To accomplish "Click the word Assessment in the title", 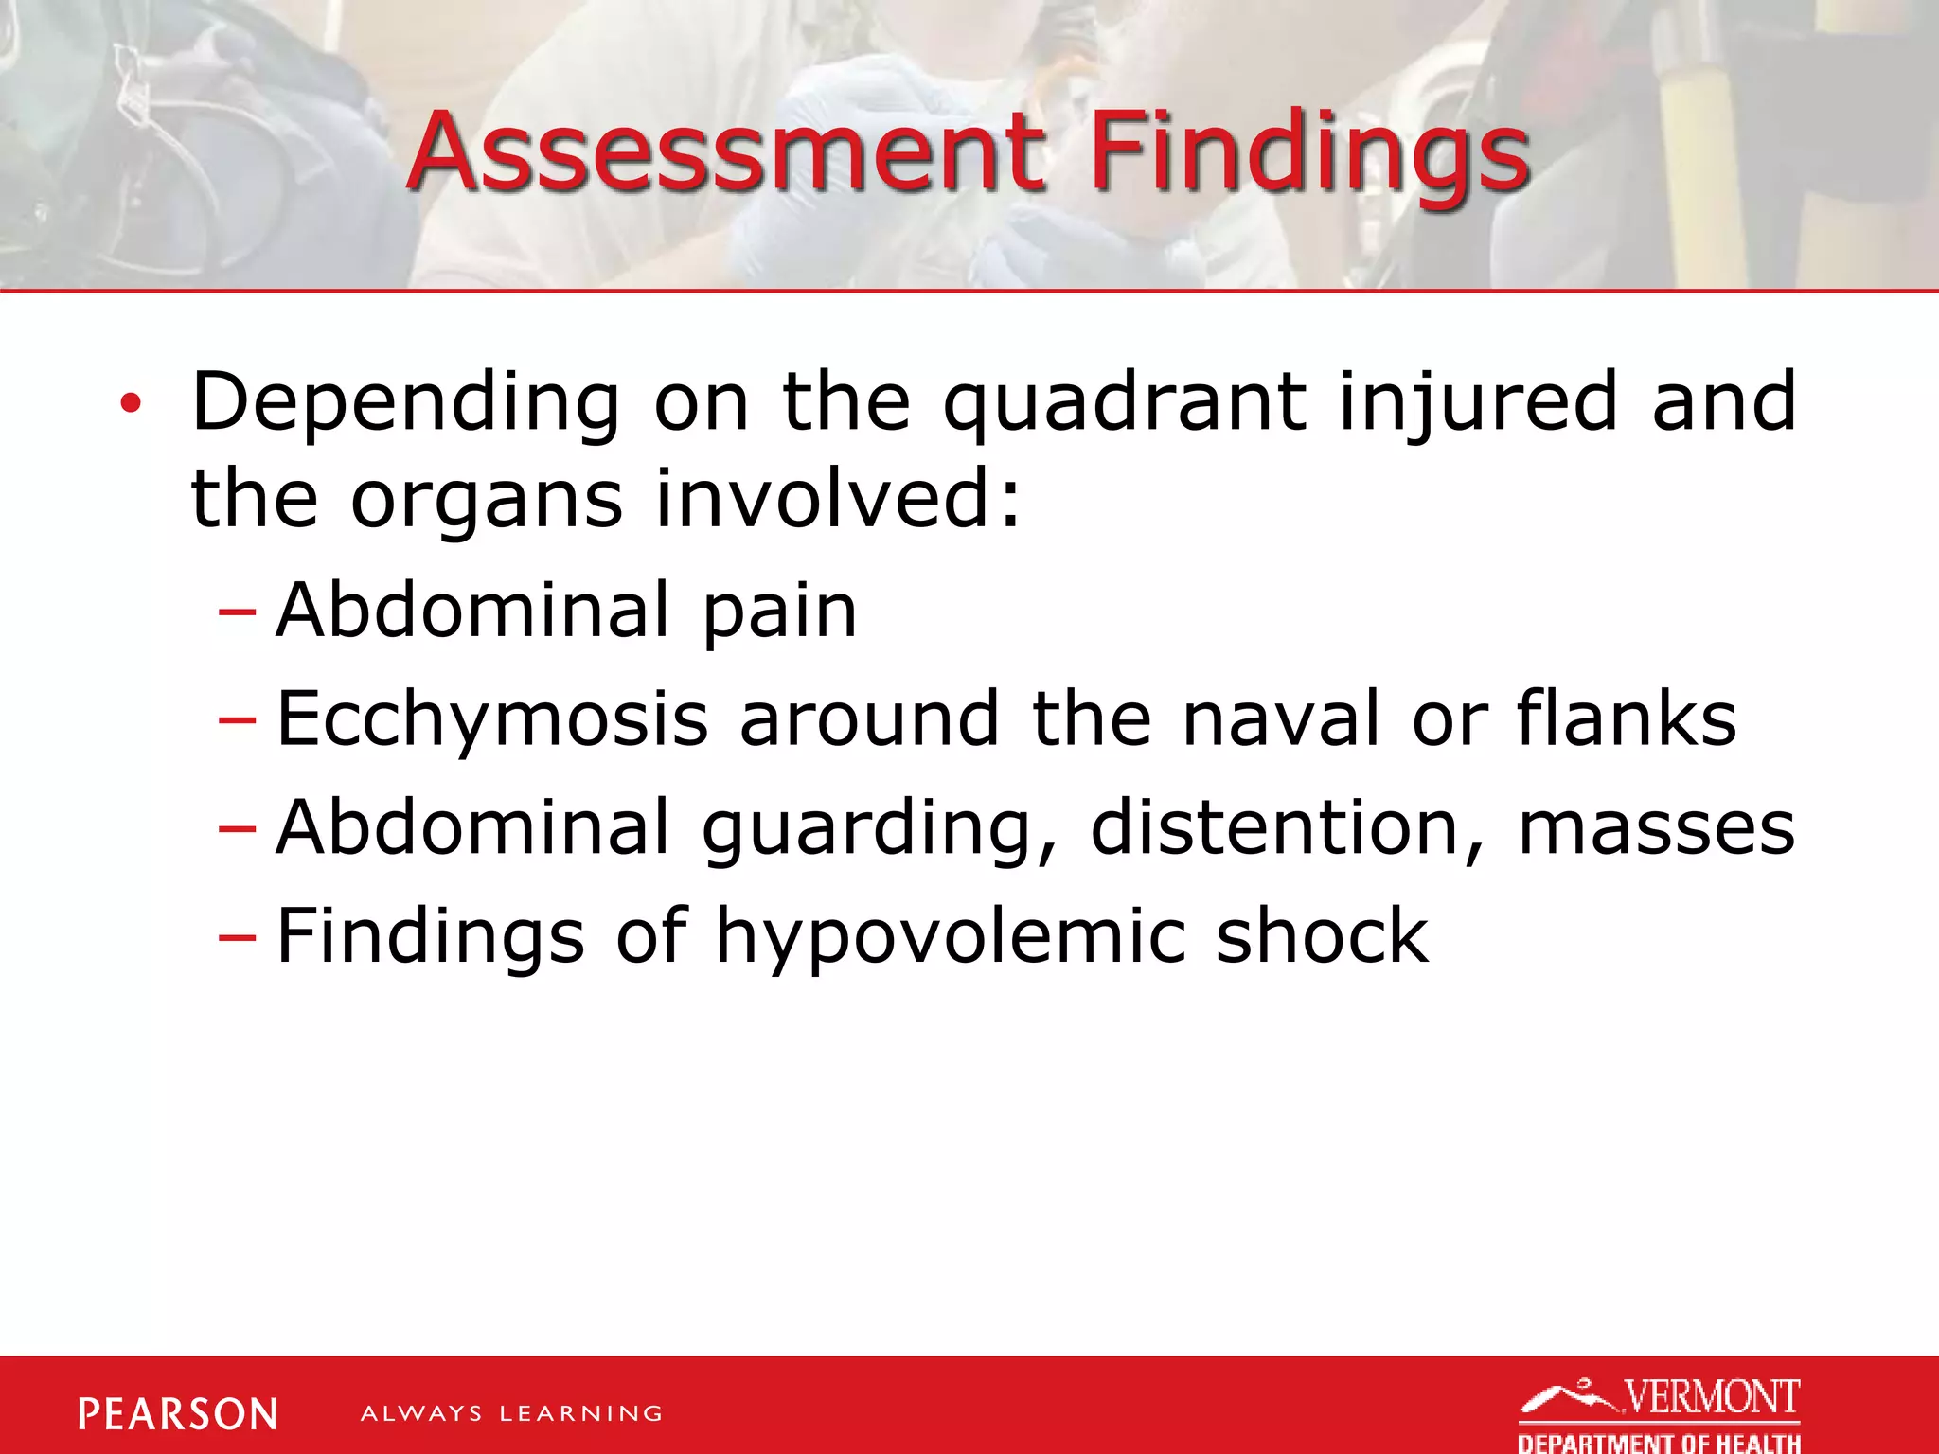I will (x=727, y=151).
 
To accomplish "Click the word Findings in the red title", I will (x=1309, y=151).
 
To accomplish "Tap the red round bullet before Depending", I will (x=131, y=404).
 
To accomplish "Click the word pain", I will (x=779, y=612).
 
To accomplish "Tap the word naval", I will (x=1282, y=718).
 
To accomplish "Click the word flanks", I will (x=1627, y=718).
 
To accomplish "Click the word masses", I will (x=1657, y=828).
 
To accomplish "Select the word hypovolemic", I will (x=951, y=938).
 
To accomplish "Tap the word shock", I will (x=1322, y=936).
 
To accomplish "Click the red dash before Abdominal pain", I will (x=237, y=612).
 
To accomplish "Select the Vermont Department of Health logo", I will (x=1659, y=1415).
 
